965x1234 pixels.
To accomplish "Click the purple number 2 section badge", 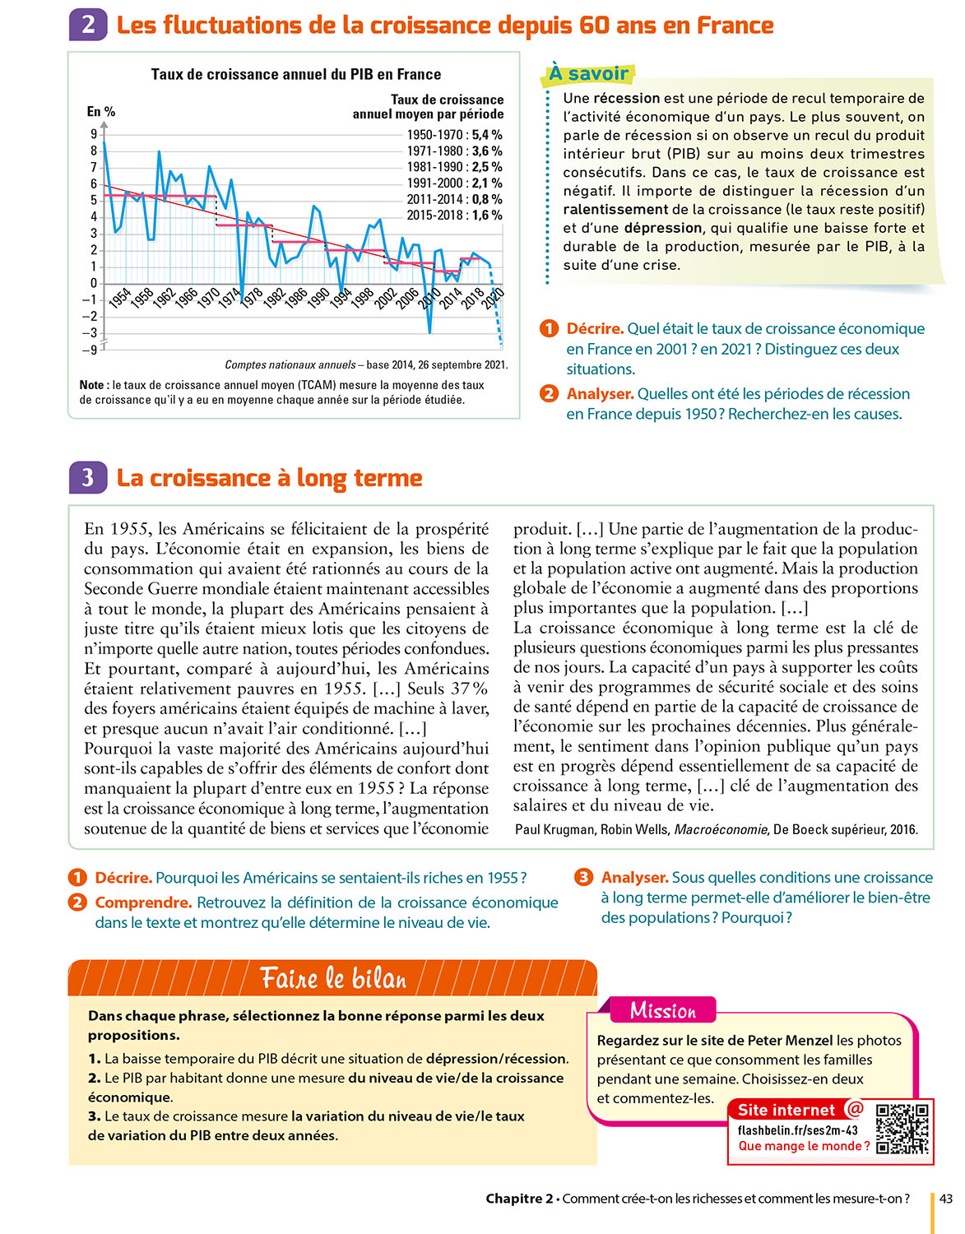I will tap(88, 25).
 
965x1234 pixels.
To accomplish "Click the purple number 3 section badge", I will tap(88, 477).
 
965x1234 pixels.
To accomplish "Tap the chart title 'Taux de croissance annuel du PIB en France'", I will tap(295, 74).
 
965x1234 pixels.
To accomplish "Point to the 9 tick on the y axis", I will tap(94, 134).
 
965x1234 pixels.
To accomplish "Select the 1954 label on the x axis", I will tap(120, 298).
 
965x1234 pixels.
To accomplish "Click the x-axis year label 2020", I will tap(493, 299).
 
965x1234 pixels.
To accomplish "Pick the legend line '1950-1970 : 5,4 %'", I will tap(454, 135).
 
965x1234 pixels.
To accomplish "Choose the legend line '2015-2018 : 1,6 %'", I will tap(454, 216).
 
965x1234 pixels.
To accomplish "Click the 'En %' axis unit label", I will tap(101, 112).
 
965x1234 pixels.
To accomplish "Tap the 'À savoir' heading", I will tap(588, 74).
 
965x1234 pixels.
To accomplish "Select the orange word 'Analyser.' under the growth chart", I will tap(600, 394).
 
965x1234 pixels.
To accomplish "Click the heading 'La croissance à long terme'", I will tap(269, 478).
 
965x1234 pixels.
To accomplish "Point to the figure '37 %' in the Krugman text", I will tap(469, 689).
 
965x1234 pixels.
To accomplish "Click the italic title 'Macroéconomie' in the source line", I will tap(721, 829).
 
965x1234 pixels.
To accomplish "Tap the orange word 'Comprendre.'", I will tap(143, 902).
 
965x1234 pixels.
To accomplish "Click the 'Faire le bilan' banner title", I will tap(333, 978).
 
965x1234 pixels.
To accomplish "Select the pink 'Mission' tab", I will tap(662, 1010).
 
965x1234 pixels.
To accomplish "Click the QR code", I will tap(902, 1130).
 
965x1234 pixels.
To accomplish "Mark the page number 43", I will tap(946, 1199).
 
